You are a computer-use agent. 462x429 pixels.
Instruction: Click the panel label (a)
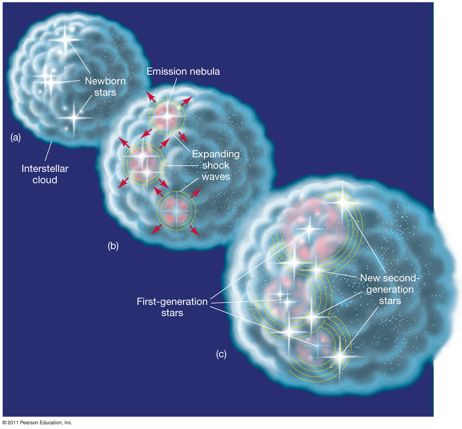pyautogui.click(x=15, y=137)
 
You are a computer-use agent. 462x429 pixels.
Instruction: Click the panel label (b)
pyautogui.click(x=113, y=245)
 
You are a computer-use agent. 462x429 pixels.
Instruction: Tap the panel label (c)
pyautogui.click(x=221, y=354)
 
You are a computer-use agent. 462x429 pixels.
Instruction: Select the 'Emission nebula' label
pyautogui.click(x=183, y=71)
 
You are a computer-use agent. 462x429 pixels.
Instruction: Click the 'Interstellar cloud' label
pyautogui.click(x=45, y=174)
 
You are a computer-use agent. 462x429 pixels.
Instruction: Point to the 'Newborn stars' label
pyautogui.click(x=105, y=86)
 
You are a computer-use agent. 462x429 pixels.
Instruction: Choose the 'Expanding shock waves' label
pyautogui.click(x=216, y=165)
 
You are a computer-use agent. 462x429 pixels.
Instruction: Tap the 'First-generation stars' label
pyautogui.click(x=172, y=307)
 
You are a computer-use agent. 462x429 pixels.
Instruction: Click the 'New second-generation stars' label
pyautogui.click(x=390, y=289)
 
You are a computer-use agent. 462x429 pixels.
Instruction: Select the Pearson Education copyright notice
pyautogui.click(x=37, y=423)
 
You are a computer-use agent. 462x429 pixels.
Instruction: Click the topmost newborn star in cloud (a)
pyautogui.click(x=65, y=39)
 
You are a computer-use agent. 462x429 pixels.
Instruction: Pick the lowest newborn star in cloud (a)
pyautogui.click(x=74, y=118)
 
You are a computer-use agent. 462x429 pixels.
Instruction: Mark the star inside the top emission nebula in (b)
pyautogui.click(x=167, y=116)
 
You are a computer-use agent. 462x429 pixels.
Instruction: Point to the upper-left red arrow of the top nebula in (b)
pyautogui.click(x=151, y=97)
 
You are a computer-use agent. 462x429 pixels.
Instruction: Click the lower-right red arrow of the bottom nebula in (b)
pyautogui.click(x=194, y=231)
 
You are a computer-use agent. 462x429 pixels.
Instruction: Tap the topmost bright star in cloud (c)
pyautogui.click(x=343, y=202)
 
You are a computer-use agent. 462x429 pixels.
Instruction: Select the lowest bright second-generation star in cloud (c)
pyautogui.click(x=339, y=357)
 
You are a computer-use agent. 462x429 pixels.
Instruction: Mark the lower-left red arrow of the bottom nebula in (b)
pyautogui.click(x=157, y=229)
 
